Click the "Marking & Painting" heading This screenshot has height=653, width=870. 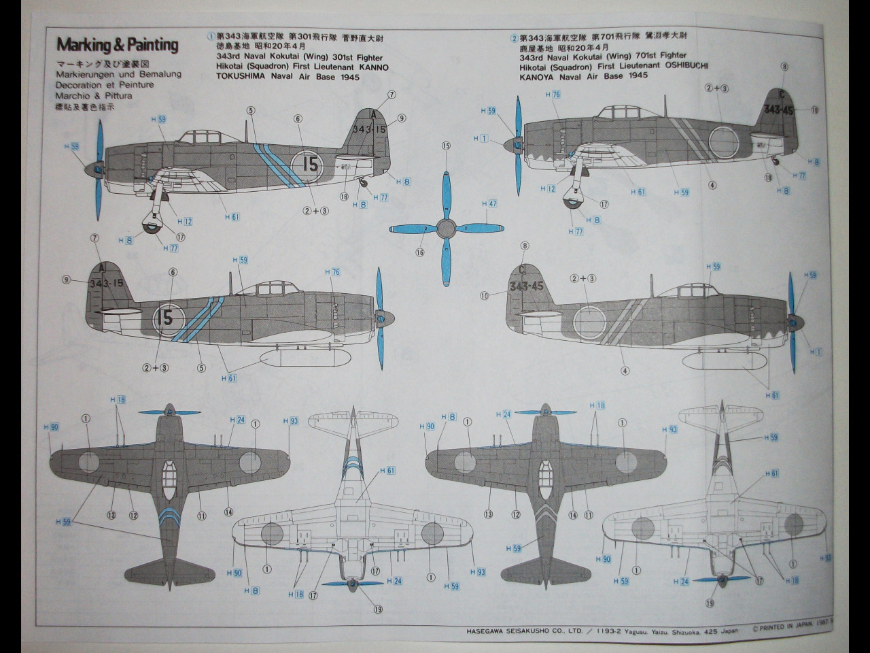pos(117,46)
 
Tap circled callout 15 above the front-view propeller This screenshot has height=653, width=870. pos(446,146)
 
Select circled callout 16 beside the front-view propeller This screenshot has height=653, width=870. pos(419,252)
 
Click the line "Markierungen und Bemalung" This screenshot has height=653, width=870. pos(118,74)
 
